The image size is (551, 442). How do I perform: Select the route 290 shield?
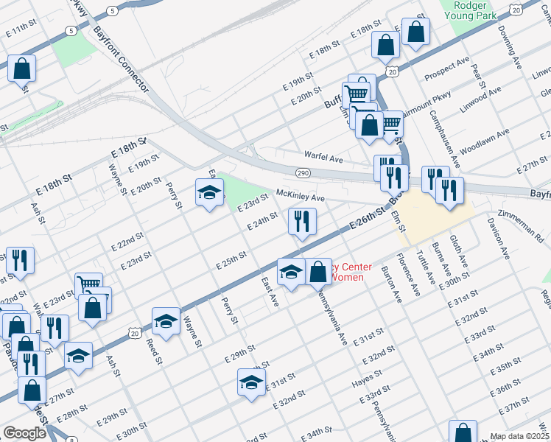(x=303, y=172)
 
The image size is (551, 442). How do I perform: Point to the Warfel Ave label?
(x=324, y=157)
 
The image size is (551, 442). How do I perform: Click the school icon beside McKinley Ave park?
(x=209, y=192)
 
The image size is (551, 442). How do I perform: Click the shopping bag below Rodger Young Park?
(x=415, y=32)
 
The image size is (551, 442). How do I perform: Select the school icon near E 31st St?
(x=251, y=382)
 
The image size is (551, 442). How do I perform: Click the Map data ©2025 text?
(x=519, y=436)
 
